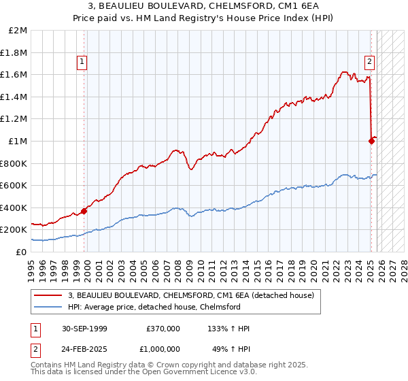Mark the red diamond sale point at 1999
click(84, 211)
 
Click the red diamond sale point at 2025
click(371, 141)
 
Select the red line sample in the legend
click(49, 295)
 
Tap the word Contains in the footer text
click(47, 366)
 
